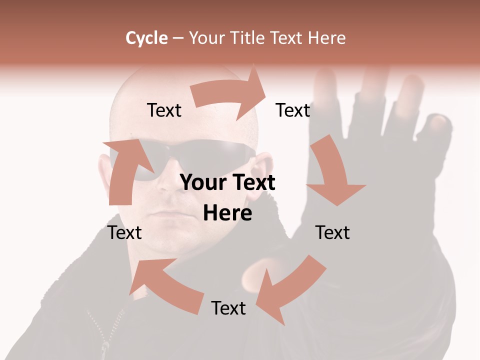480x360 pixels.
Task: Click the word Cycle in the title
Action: pos(146,38)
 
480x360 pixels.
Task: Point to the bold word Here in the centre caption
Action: pos(227,213)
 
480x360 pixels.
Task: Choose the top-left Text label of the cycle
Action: pos(164,110)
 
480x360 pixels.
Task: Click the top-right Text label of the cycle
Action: pos(293,110)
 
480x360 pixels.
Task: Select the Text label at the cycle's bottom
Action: pos(228,308)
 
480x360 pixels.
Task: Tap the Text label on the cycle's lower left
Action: pos(124,232)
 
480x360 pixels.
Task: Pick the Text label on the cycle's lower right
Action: pos(332,232)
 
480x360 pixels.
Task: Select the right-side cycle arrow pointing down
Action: pos(332,172)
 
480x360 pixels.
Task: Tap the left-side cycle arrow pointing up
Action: pos(125,170)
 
